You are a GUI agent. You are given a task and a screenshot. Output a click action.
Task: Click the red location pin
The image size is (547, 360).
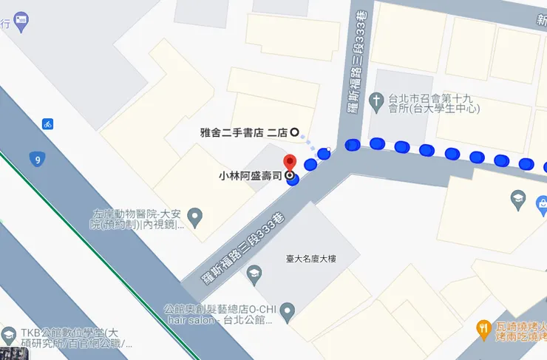point(289,163)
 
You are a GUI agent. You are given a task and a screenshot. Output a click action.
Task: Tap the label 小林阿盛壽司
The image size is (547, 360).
point(251,177)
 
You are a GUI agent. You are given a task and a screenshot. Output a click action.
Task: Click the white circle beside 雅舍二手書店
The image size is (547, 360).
point(294,133)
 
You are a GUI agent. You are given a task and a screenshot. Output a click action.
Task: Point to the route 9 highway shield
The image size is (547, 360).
point(36,159)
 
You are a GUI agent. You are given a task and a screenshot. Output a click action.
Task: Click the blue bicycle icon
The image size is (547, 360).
point(47,123)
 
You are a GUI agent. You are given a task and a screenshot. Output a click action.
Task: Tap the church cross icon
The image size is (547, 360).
point(377,98)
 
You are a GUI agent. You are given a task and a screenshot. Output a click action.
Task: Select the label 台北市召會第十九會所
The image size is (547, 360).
point(434,103)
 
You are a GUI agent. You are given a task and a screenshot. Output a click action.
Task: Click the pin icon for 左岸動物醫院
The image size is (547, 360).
point(195,217)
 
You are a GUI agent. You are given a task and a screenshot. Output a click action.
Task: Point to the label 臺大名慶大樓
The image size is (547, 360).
point(311,259)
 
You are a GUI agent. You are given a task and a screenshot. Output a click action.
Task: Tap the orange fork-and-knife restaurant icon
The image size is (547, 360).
point(483,327)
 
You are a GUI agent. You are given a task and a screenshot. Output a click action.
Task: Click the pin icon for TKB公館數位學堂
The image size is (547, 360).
point(9,333)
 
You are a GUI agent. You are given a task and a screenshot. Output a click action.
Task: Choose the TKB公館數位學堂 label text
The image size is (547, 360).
point(74,338)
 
